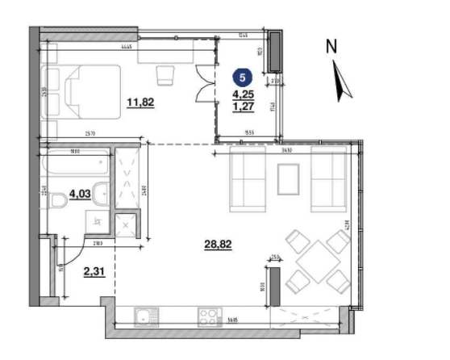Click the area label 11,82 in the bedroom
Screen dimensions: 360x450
click(x=140, y=102)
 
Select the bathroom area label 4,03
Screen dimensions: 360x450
click(x=79, y=194)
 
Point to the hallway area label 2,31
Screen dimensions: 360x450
click(x=94, y=272)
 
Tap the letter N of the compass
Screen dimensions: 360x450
click(x=331, y=47)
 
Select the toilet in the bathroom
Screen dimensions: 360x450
click(x=58, y=200)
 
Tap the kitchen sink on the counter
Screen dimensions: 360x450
click(x=143, y=316)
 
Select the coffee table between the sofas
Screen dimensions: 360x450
click(x=289, y=179)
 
